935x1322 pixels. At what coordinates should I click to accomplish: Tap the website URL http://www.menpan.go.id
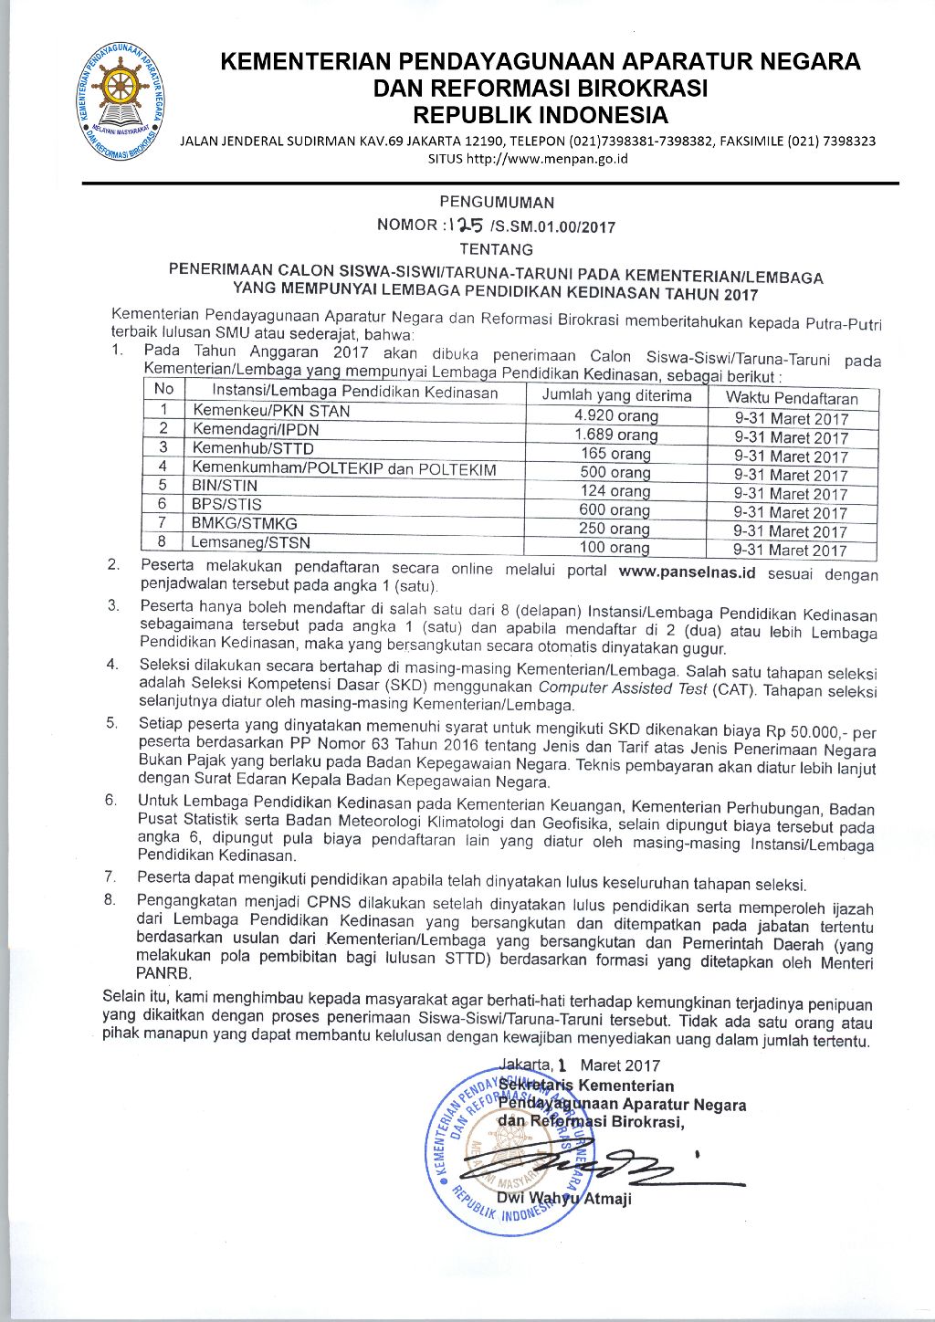(x=546, y=158)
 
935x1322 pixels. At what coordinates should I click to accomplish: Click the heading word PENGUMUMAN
(x=496, y=203)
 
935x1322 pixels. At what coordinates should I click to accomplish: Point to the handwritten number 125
(x=467, y=225)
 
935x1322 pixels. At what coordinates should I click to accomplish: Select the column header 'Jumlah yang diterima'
(x=616, y=395)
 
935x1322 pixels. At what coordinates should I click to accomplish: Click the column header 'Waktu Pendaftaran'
(x=792, y=398)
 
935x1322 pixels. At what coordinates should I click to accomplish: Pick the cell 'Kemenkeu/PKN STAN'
(x=271, y=411)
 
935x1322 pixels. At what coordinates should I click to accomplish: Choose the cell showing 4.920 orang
(x=616, y=415)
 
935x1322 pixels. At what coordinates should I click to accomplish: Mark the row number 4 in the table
(x=163, y=467)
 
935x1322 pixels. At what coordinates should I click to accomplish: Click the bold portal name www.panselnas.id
(x=687, y=572)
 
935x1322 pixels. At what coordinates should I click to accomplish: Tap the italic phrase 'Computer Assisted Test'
(x=623, y=688)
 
